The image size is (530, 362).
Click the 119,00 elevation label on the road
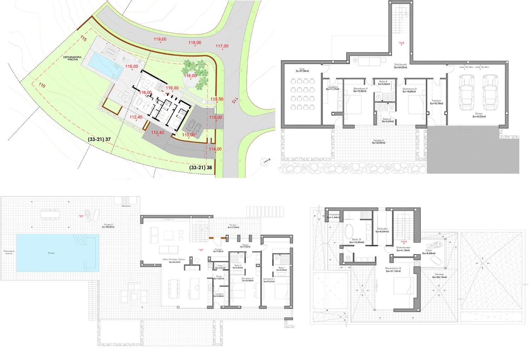pyautogui.click(x=160, y=39)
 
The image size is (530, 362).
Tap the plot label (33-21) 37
pyautogui.click(x=99, y=139)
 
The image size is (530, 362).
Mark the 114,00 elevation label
pyautogui.click(x=215, y=149)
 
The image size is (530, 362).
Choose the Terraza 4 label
pyautogui.click(x=379, y=141)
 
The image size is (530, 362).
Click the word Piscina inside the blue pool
pyautogui.click(x=52, y=253)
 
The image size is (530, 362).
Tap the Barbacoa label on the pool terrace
pyautogui.click(x=126, y=206)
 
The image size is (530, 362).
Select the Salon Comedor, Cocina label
pyautogui.click(x=171, y=261)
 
